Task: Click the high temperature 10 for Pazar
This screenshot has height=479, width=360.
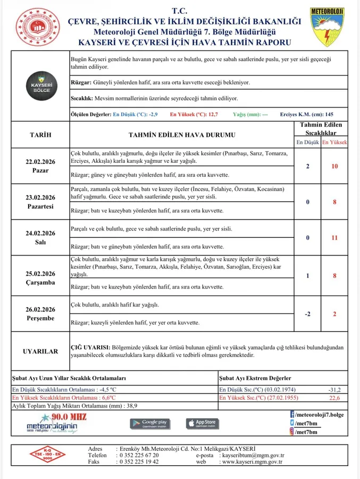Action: coord(334,167)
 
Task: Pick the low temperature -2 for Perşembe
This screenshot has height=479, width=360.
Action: coord(308,314)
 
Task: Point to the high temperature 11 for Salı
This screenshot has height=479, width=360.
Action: coord(334,238)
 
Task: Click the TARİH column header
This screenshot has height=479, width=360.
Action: coord(40,135)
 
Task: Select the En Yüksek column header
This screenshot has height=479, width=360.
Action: coord(334,143)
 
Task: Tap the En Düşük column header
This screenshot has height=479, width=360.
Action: coord(307,143)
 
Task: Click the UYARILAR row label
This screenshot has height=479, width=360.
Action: coord(40,351)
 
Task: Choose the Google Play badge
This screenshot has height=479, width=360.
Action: coord(150,424)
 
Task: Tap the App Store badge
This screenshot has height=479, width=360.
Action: coord(202,424)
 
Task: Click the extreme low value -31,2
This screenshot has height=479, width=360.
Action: coord(334,390)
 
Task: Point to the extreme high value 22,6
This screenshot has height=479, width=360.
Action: coord(334,398)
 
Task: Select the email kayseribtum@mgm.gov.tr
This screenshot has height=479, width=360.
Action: coord(253,456)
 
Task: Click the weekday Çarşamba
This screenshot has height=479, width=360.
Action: coord(40,283)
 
